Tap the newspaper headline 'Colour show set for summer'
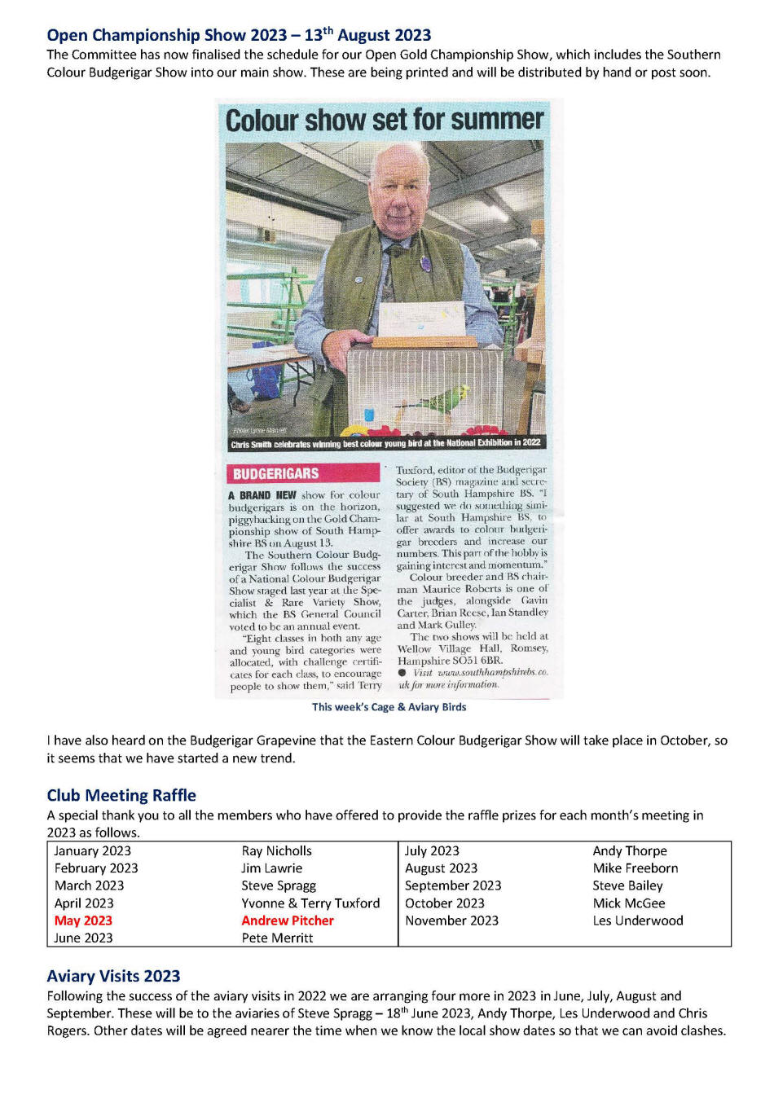click(x=384, y=121)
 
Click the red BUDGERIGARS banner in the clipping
click(x=302, y=473)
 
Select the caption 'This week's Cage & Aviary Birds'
click(x=389, y=707)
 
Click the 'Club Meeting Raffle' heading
click(x=121, y=795)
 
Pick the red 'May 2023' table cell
click(x=83, y=920)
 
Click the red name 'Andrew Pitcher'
click(x=288, y=920)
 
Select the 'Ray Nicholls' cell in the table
click(x=276, y=850)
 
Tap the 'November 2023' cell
click(x=451, y=920)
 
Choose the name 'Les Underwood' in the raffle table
click(x=638, y=920)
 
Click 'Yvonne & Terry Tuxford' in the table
click(x=310, y=903)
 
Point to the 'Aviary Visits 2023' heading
click(x=113, y=976)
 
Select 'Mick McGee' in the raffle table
click(x=629, y=903)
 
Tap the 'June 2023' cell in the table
click(x=83, y=938)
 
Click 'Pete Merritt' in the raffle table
click(x=277, y=938)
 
